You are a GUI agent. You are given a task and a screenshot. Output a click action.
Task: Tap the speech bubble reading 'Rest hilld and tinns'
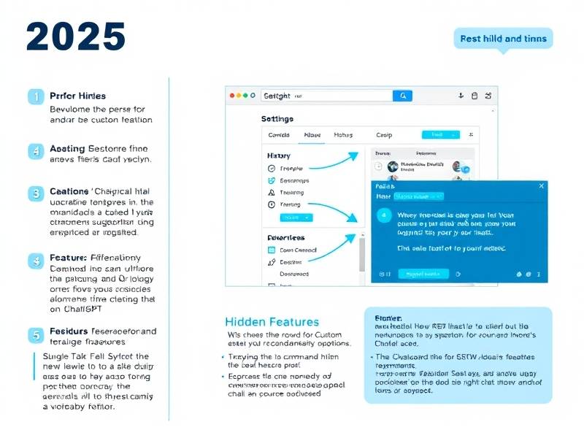pos(503,38)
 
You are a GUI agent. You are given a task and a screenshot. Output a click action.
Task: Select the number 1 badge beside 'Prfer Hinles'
pos(35,96)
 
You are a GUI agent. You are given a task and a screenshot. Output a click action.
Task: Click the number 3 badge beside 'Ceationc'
pos(35,193)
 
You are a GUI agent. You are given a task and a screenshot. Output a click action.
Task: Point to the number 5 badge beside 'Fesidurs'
pos(35,335)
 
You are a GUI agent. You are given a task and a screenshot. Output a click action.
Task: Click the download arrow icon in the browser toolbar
pos(461,96)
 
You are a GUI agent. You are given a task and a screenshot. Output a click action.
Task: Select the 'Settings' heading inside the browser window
pos(277,118)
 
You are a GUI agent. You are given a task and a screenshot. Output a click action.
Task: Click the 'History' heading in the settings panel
pos(278,155)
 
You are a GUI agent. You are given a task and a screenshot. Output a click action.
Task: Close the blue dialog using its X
pos(541,186)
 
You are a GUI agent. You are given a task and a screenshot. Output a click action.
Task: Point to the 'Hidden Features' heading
pos(272,322)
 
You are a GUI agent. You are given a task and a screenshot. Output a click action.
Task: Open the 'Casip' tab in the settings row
pos(384,135)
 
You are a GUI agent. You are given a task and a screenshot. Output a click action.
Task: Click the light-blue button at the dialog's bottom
pos(423,274)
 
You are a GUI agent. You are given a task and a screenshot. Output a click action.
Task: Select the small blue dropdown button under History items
pos(296,218)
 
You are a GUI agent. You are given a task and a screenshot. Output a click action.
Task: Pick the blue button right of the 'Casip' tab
pos(441,135)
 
